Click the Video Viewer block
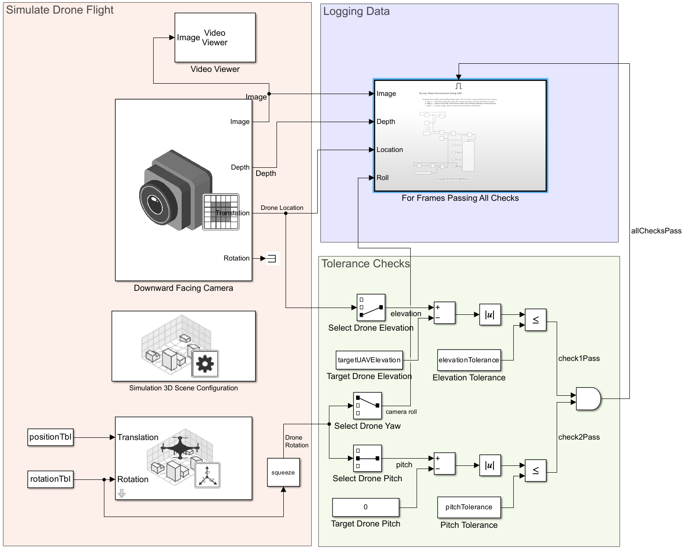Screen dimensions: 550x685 pyautogui.click(x=215, y=38)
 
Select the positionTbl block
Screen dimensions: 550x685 pyautogui.click(x=50, y=437)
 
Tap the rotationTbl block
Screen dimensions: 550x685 pyautogui.click(x=50, y=479)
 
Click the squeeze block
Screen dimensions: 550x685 pyautogui.click(x=283, y=473)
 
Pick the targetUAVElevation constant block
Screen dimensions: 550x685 pyautogui.click(x=369, y=360)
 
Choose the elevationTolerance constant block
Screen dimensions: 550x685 pyautogui.click(x=469, y=360)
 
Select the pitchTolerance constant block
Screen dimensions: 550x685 pyautogui.click(x=469, y=507)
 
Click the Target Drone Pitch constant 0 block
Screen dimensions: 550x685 pyautogui.click(x=366, y=507)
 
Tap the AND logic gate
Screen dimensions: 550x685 pyautogui.click(x=588, y=399)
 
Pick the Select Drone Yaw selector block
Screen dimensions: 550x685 pyautogui.click(x=367, y=406)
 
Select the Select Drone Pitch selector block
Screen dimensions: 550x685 pyautogui.click(x=367, y=459)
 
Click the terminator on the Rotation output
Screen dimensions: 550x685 pyautogui.click(x=272, y=258)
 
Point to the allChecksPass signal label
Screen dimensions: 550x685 pyautogui.click(x=656, y=231)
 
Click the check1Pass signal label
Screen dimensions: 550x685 pyautogui.click(x=579, y=359)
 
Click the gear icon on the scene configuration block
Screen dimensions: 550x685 pyautogui.click(x=205, y=364)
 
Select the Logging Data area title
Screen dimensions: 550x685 pyautogui.click(x=357, y=12)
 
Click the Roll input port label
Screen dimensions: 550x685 pyautogui.click(x=383, y=178)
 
